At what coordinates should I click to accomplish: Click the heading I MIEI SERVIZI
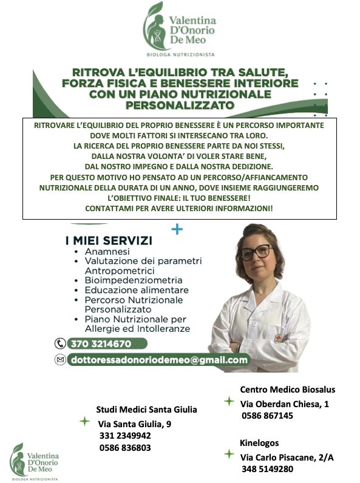[x=109, y=240]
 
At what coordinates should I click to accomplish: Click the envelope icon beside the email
[x=59, y=360]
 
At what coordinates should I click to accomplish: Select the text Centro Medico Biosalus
[x=288, y=390]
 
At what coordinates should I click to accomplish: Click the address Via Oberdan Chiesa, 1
[x=285, y=404]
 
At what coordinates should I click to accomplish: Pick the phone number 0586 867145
[x=267, y=416]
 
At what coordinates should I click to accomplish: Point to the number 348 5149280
[x=267, y=469]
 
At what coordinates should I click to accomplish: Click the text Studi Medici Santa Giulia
[x=146, y=410]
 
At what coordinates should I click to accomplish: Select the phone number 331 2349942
[x=125, y=436]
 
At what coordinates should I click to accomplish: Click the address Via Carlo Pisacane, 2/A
[x=287, y=457]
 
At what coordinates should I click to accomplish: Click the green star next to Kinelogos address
[x=229, y=454]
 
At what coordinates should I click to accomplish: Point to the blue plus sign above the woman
[x=177, y=229]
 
